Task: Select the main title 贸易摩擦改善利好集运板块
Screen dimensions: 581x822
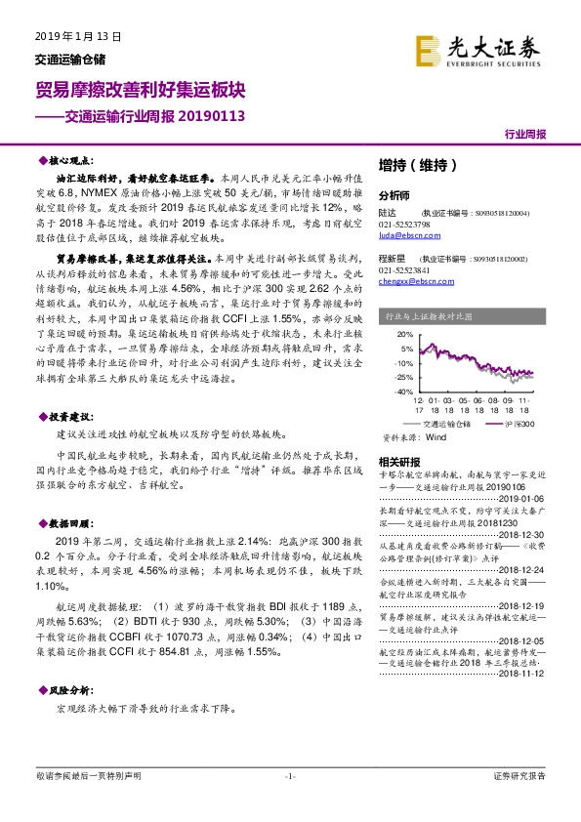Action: [x=140, y=90]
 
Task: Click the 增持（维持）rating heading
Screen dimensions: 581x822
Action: [x=416, y=166]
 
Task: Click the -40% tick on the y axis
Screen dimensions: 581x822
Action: [x=404, y=390]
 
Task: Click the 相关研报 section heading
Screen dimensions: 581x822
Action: [x=398, y=461]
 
